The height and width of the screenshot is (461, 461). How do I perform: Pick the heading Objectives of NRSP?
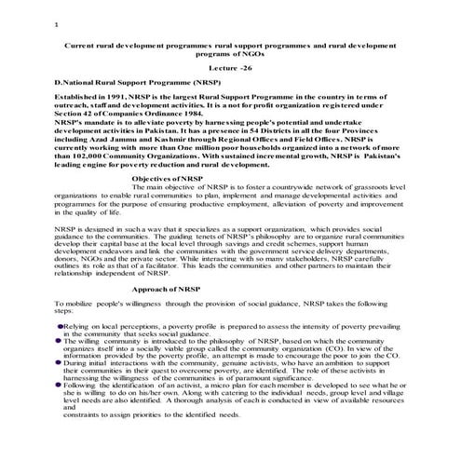click(x=166, y=177)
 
